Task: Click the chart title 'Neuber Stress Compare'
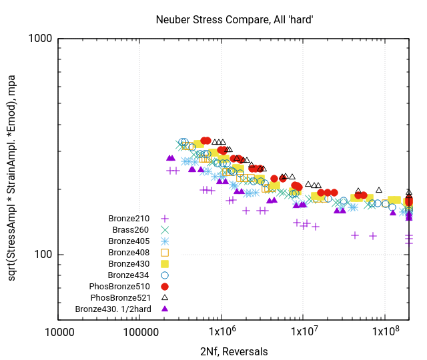[234, 21]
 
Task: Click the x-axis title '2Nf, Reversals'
[234, 351]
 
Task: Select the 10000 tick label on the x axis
[59, 332]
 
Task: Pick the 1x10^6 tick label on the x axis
[222, 332]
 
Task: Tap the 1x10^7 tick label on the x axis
[303, 332]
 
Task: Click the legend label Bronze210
[129, 218]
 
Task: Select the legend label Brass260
[131, 229]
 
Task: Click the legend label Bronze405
[129, 241]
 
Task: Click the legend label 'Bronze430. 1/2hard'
[113, 309]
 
